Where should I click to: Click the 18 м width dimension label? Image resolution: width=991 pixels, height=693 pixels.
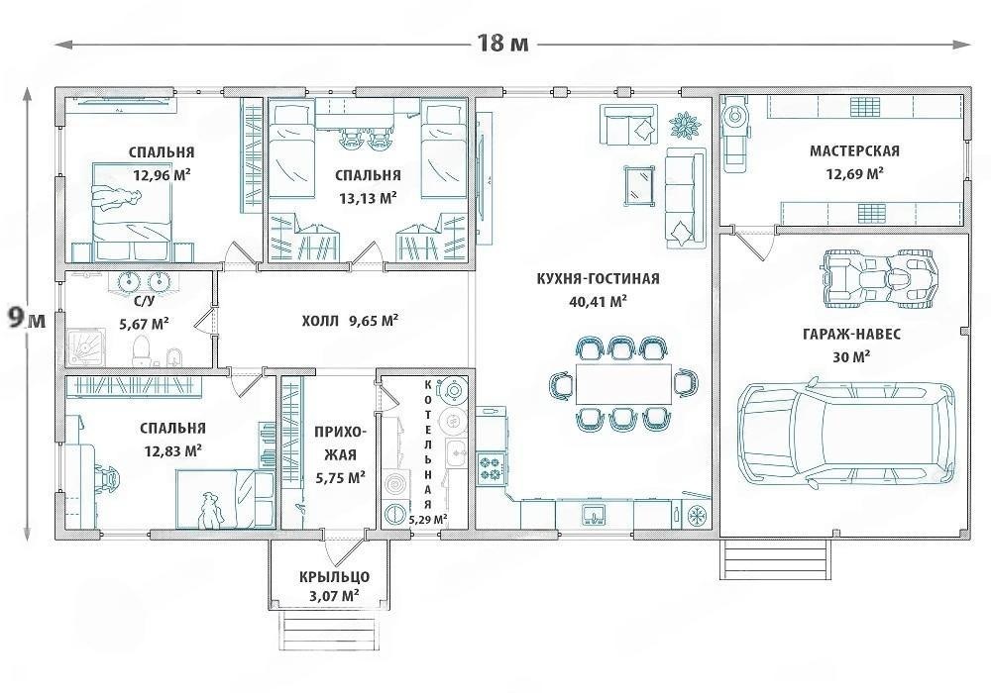click(501, 43)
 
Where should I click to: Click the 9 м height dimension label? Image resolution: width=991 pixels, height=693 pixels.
click(27, 319)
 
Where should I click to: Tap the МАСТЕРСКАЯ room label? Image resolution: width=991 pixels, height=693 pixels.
click(854, 150)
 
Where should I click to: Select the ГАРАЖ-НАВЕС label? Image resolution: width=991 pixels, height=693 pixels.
click(851, 334)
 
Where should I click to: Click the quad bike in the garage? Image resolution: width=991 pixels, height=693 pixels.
click(881, 279)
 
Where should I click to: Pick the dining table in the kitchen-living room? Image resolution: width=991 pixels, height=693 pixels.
click(623, 383)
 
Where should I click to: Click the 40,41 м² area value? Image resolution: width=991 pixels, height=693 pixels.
click(598, 302)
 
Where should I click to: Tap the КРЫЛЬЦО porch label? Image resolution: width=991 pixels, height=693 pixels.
click(334, 576)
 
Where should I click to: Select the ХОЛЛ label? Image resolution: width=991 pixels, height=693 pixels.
click(320, 321)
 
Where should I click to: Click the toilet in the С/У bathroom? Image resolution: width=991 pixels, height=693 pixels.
click(142, 350)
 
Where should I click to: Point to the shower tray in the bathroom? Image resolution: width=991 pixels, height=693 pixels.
click(87, 346)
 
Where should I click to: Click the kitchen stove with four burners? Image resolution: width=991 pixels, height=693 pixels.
click(491, 467)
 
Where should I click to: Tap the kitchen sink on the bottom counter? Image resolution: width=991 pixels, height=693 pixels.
click(594, 514)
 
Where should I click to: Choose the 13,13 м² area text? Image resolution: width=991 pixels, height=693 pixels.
click(368, 198)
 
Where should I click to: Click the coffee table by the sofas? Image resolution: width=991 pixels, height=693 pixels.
click(639, 185)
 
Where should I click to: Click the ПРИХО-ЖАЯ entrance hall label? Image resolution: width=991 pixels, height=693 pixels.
click(340, 444)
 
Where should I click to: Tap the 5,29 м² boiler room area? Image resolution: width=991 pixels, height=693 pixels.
click(428, 520)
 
